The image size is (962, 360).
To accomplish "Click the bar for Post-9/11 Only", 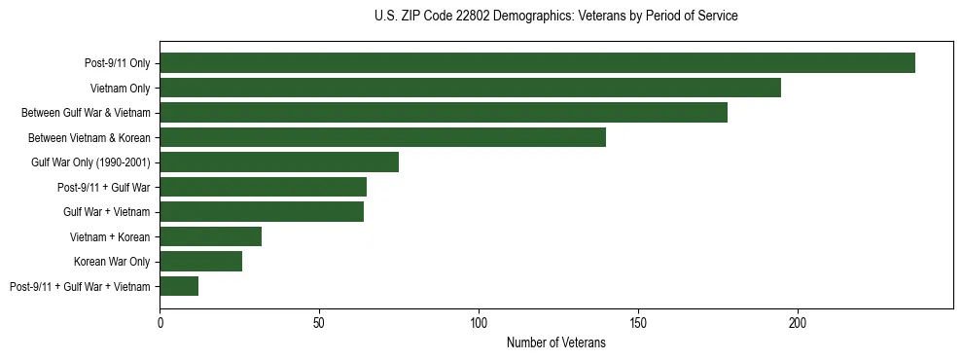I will tap(537, 63).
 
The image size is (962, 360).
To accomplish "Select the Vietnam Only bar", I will tap(470, 88).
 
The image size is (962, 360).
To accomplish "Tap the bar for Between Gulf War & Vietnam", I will tap(444, 113).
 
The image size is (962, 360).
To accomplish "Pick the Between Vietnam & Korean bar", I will tap(382, 137).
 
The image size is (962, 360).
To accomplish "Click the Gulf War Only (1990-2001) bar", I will tap(279, 162).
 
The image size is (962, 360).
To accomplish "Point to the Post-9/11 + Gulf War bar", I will tap(263, 187).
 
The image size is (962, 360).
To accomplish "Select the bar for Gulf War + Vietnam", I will tap(262, 211).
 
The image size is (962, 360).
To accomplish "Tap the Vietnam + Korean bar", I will tap(210, 236).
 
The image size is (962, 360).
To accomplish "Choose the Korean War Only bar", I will tap(200, 261).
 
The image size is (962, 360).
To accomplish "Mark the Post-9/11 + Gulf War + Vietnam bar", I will tap(179, 286).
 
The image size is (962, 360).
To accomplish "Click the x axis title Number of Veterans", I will tap(556, 342).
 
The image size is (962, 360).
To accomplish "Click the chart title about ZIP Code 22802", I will tap(556, 17).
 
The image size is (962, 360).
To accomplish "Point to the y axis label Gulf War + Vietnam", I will tap(107, 212).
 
